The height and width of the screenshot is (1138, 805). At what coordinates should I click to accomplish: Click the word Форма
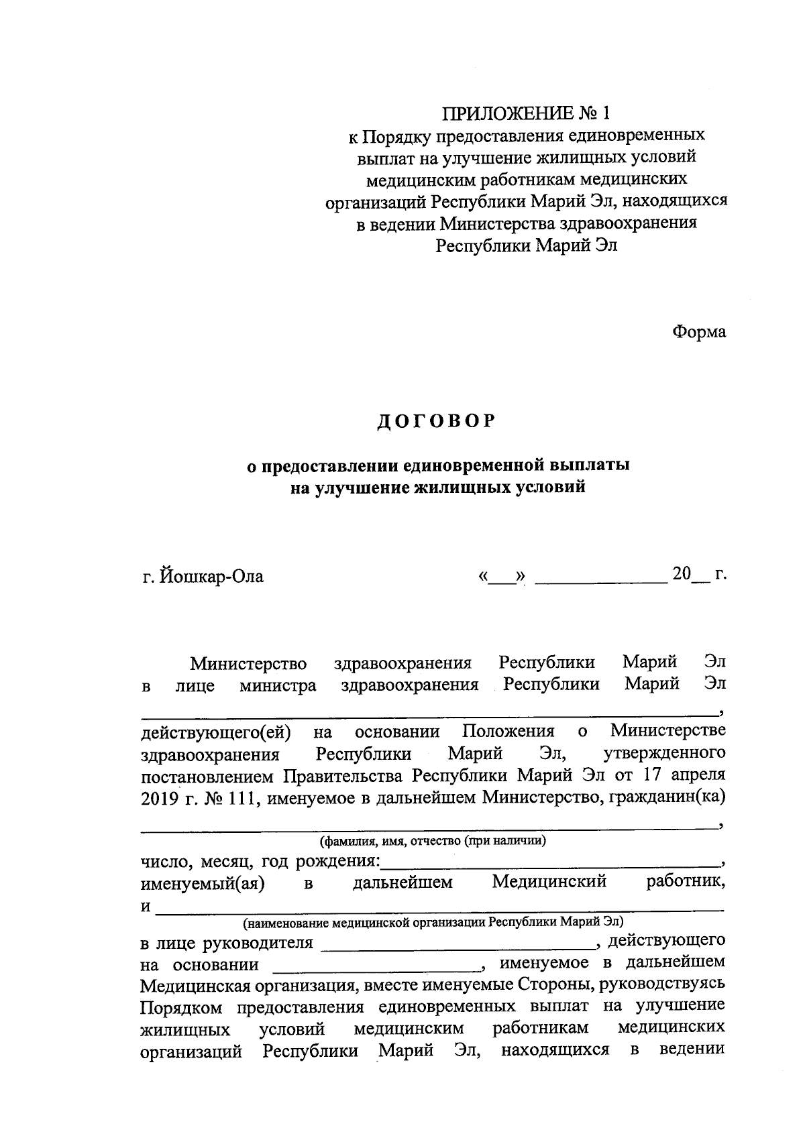pyautogui.click(x=699, y=332)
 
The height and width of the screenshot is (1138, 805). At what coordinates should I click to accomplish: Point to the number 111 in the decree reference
pyautogui.click(x=235, y=798)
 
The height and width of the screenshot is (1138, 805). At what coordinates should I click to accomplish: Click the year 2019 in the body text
pyautogui.click(x=157, y=798)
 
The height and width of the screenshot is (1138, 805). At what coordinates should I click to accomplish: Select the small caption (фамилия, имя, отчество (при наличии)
pyautogui.click(x=433, y=841)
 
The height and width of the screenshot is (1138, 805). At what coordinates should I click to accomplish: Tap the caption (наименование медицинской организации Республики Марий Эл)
pyautogui.click(x=433, y=921)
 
